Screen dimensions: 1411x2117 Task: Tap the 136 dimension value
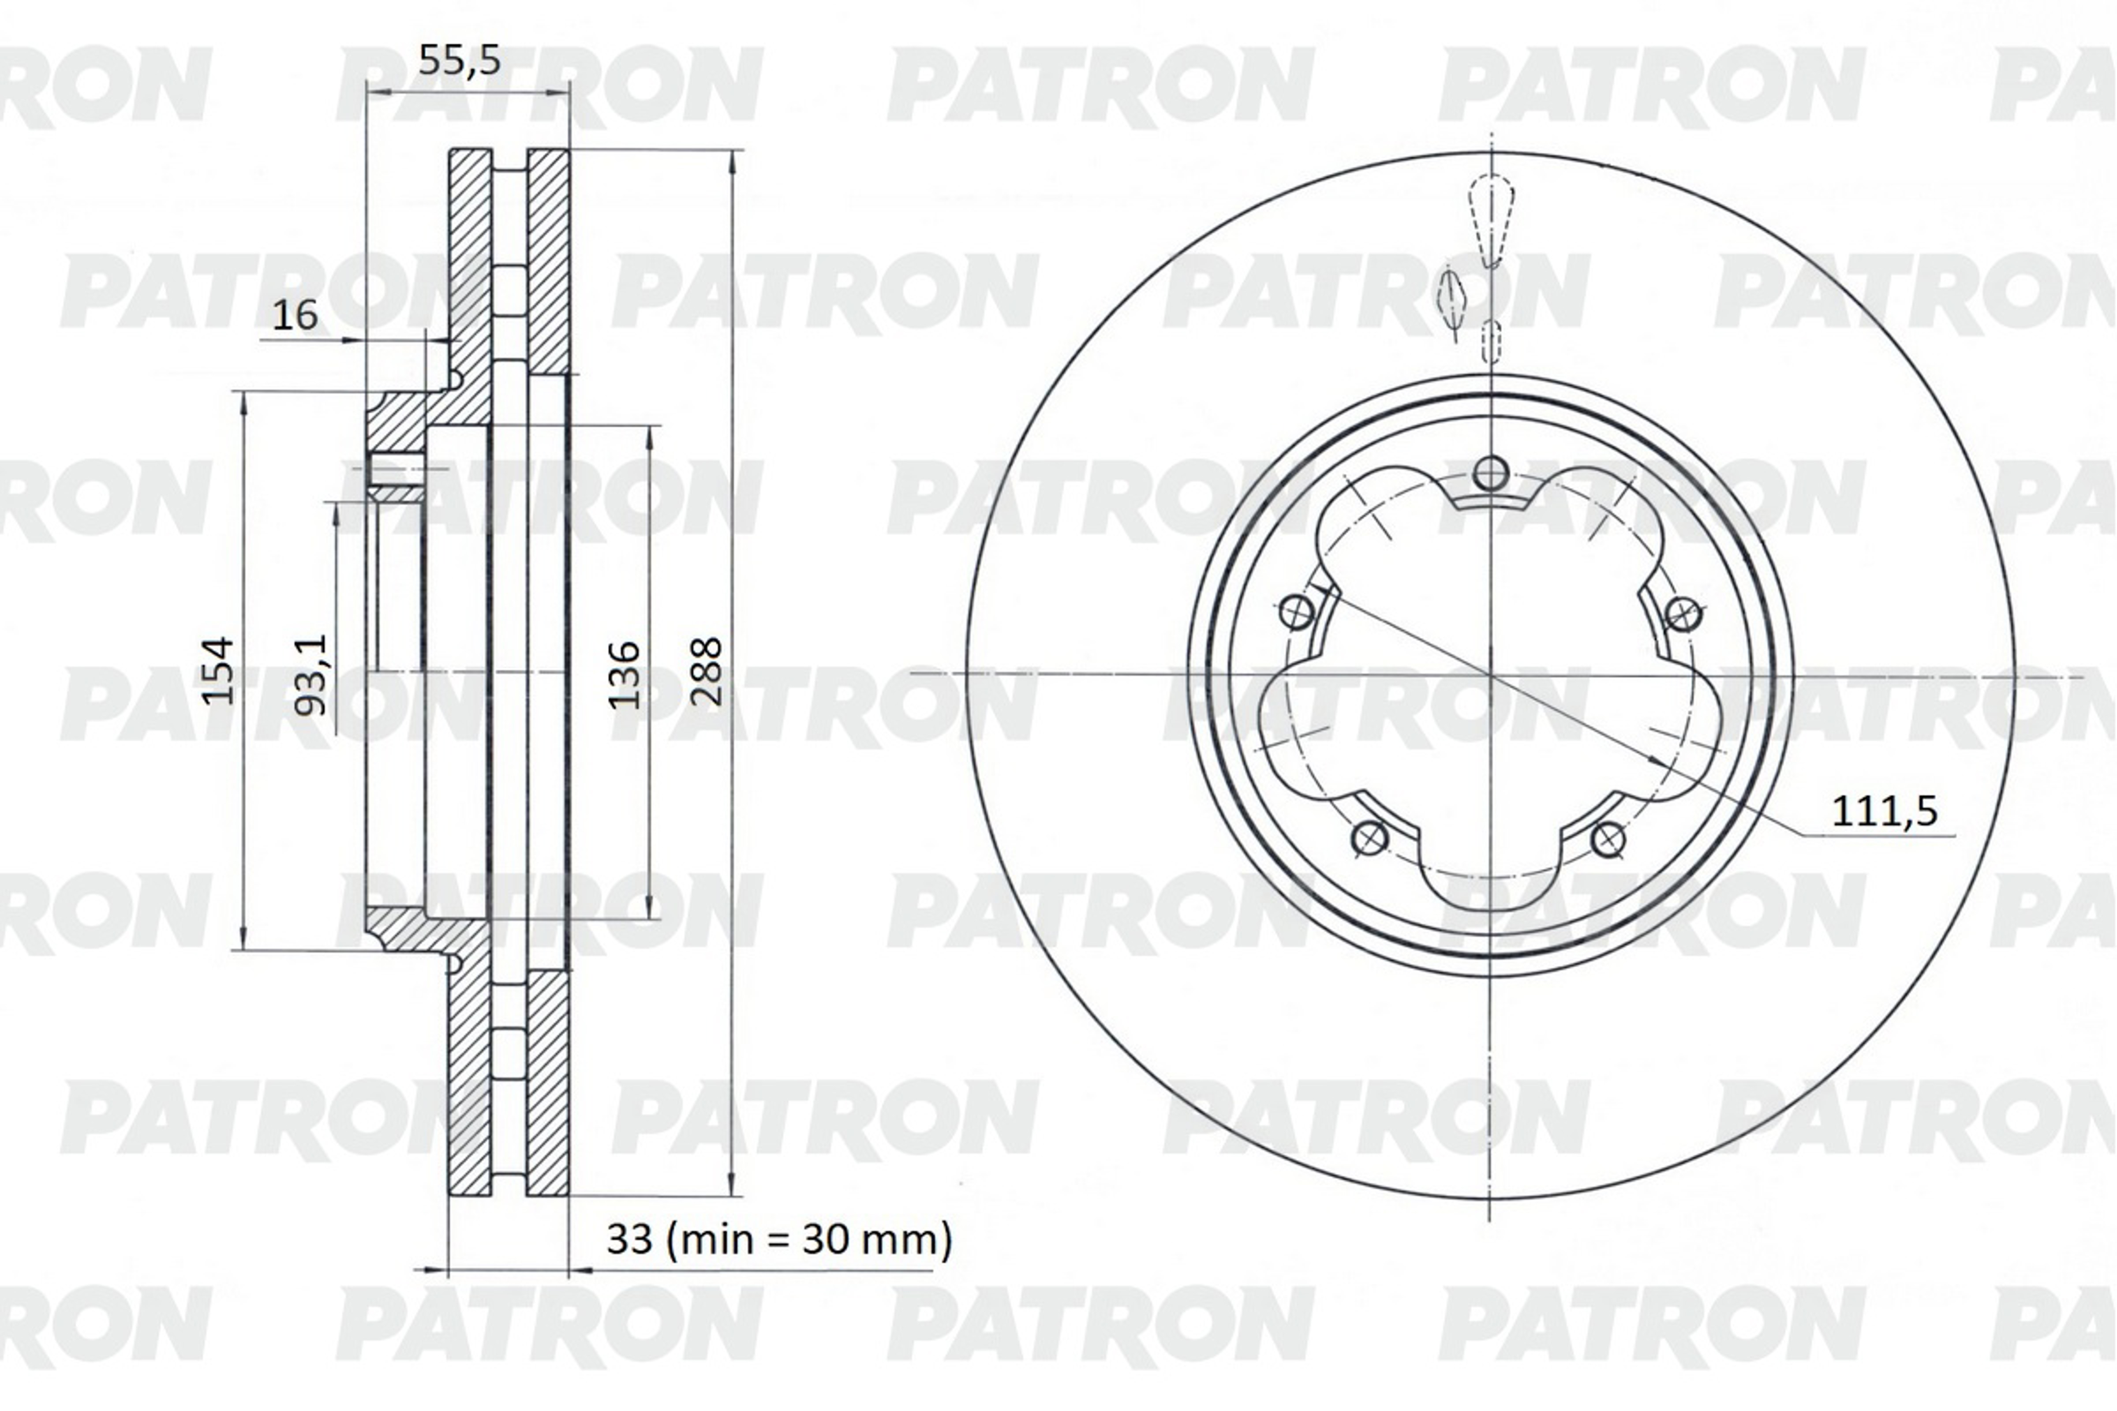pos(625,675)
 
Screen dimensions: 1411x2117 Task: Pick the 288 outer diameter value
pos(707,671)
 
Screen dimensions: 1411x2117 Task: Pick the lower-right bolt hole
pos(1608,839)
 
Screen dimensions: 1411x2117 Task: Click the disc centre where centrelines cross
pos(1491,673)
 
